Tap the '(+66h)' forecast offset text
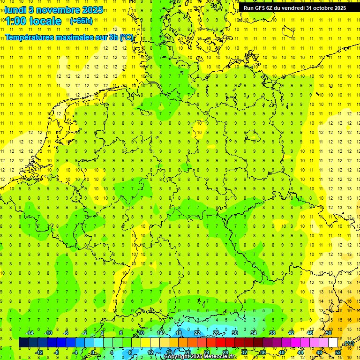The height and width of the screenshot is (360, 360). (x=81, y=21)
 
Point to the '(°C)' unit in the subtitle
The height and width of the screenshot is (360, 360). (x=126, y=37)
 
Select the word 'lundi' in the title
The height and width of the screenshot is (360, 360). (x=15, y=10)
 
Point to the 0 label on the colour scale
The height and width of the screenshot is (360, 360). (x=93, y=352)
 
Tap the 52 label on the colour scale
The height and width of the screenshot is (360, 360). (x=338, y=352)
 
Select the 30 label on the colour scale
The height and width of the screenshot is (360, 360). (x=234, y=333)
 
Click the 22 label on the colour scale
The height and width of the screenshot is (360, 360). (x=197, y=333)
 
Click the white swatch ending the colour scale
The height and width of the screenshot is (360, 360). (x=333, y=343)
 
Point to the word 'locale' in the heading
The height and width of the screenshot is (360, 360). (x=45, y=21)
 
